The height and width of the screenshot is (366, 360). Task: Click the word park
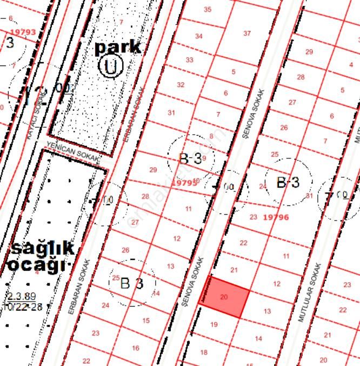117,47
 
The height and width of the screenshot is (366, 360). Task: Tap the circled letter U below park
111,67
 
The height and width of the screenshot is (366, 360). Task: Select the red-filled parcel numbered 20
225,297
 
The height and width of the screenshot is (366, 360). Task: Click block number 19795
184,183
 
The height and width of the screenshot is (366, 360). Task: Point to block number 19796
276,217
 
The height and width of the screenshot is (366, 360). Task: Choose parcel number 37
247,33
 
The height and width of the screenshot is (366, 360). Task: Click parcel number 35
208,9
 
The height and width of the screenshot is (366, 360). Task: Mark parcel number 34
199,36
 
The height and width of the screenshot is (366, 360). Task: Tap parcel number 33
189,60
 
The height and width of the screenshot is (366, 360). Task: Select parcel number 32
181,85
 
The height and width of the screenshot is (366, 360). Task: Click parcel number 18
204,352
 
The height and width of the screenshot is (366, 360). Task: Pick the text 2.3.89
22,296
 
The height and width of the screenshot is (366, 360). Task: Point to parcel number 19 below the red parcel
214,324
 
